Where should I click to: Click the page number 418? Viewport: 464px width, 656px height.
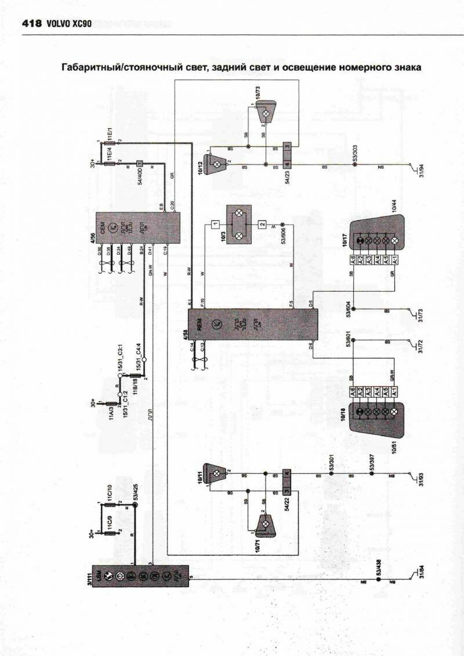click(x=31, y=24)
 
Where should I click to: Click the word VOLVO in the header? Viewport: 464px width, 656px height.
click(x=57, y=24)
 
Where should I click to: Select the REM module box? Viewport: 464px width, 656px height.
click(x=252, y=325)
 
